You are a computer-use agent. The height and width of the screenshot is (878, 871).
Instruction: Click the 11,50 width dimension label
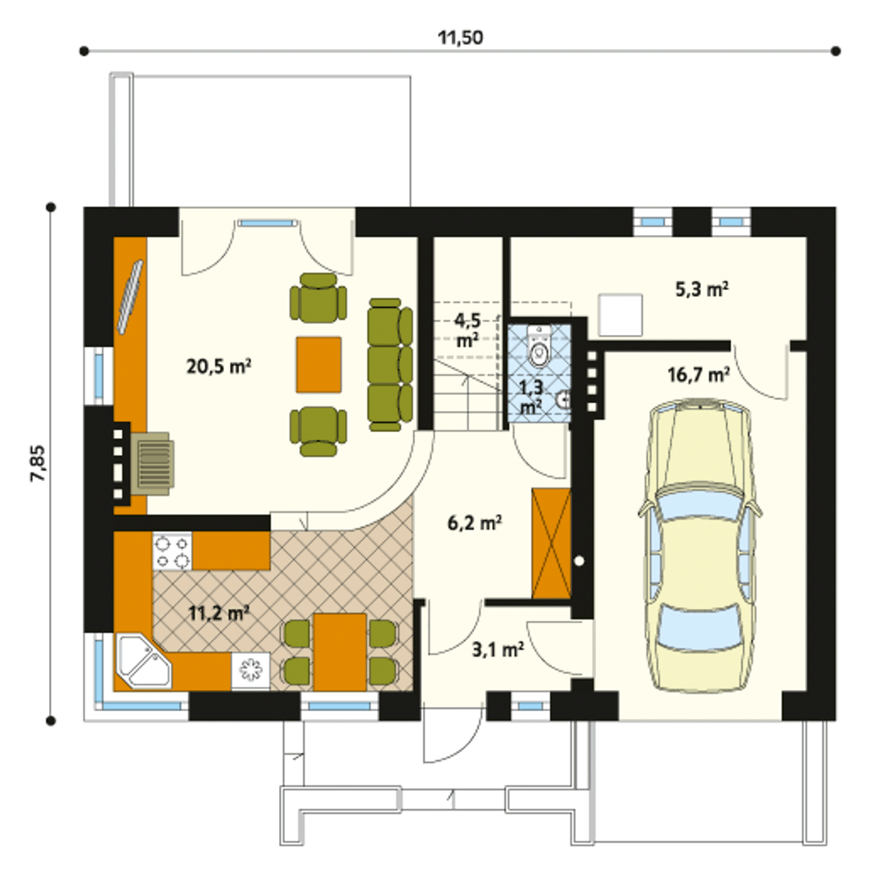[x=460, y=37]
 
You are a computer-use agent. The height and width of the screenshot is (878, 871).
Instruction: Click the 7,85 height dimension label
[x=37, y=463]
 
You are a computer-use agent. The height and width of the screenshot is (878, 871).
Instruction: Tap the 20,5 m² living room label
[x=219, y=366]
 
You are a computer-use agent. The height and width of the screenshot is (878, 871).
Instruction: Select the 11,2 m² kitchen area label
[x=218, y=614]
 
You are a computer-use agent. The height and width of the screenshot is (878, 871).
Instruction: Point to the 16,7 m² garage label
[x=700, y=374]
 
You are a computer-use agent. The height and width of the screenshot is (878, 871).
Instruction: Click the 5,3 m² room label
[x=702, y=289]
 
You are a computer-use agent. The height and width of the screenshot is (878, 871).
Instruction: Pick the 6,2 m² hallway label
[x=475, y=523]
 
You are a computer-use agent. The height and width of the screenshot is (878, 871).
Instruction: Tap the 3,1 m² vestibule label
[x=497, y=650]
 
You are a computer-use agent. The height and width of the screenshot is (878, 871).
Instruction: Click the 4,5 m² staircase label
[x=467, y=330]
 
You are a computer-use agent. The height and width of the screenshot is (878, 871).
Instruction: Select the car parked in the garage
[x=700, y=552]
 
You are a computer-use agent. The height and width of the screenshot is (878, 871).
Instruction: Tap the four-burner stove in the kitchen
[x=173, y=551]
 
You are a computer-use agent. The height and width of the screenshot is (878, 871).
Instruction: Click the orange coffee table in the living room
[x=318, y=365]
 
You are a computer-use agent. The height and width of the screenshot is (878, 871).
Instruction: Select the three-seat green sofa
[x=391, y=365]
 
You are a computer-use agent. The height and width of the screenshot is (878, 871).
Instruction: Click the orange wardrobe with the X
[x=551, y=543]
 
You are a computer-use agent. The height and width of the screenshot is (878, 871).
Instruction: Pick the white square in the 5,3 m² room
[x=621, y=315]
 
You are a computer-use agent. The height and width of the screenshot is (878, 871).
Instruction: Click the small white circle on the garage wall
[x=579, y=561]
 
